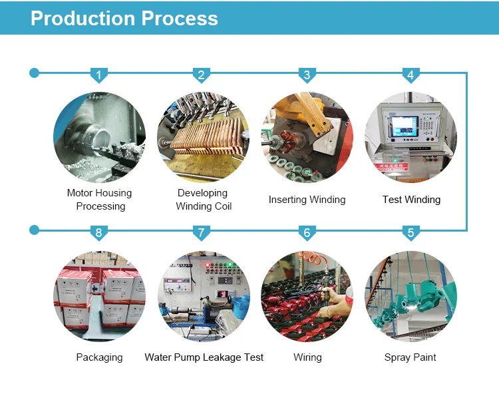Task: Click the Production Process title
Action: tap(124, 18)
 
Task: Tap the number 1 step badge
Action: tap(99, 75)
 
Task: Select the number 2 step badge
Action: tap(202, 75)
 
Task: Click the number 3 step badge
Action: tap(306, 75)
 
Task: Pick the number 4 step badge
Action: tap(410, 75)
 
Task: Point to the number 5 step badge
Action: tap(410, 232)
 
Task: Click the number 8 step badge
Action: tap(99, 232)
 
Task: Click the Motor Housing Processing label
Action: tap(100, 200)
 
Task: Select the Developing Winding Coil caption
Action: tap(203, 200)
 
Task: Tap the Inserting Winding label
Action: tap(307, 200)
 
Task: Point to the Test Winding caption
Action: tap(411, 200)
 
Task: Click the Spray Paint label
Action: tap(410, 357)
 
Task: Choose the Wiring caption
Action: tap(307, 357)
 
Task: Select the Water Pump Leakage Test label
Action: tap(204, 357)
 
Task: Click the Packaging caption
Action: tap(99, 357)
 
